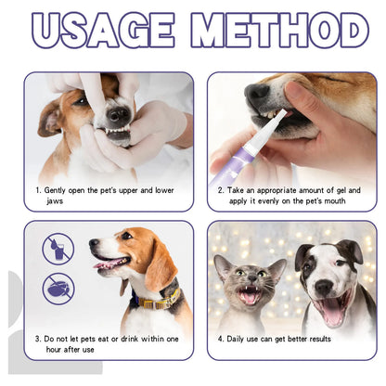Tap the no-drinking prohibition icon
point(58,249)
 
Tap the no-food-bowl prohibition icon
point(58,288)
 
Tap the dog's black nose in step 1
point(119,116)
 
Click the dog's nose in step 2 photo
point(257,94)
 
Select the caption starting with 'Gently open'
point(108,190)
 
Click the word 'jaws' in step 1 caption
point(55,201)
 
